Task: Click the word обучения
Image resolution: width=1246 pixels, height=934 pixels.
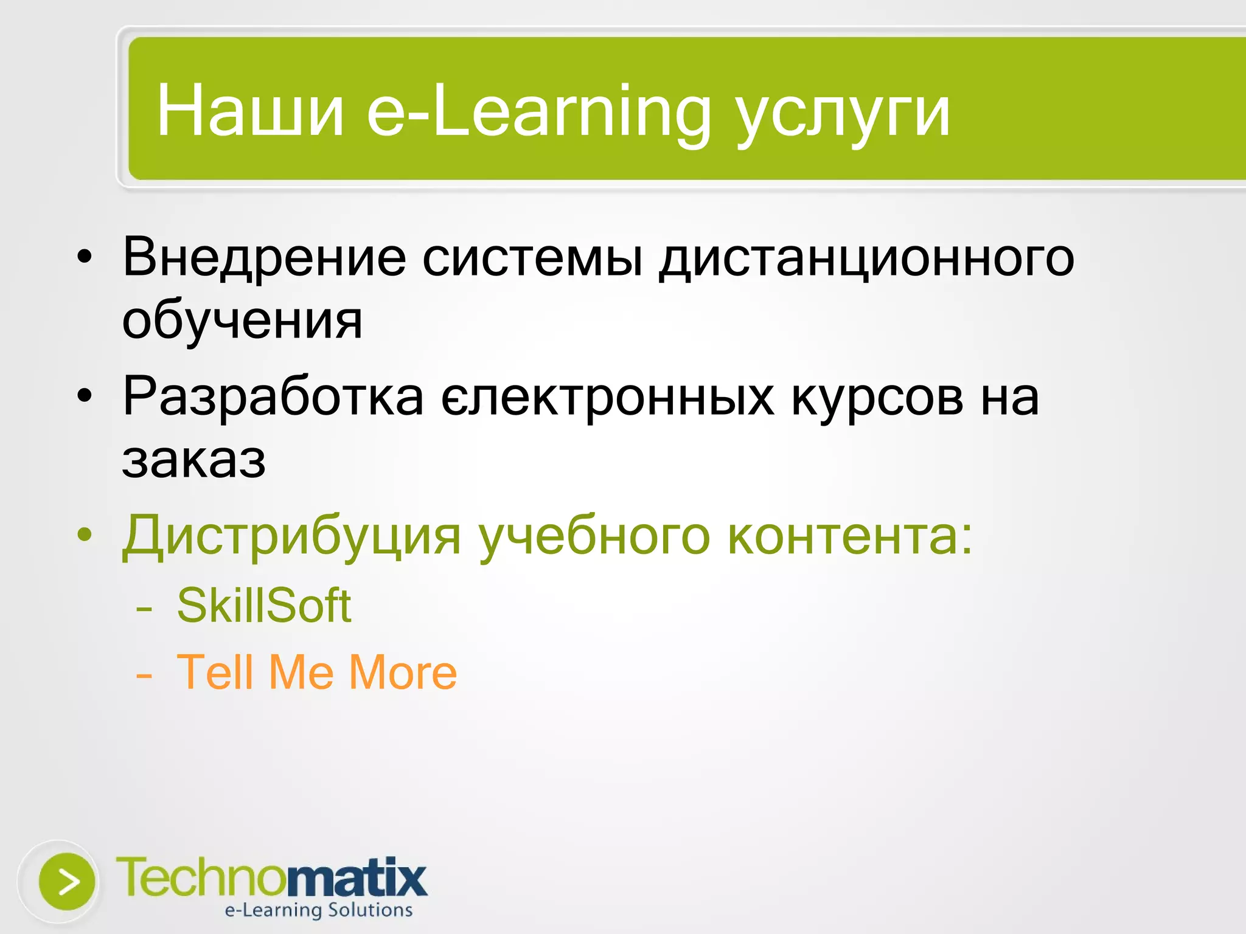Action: pyautogui.click(x=242, y=321)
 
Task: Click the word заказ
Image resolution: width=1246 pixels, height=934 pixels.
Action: pyautogui.click(x=193, y=460)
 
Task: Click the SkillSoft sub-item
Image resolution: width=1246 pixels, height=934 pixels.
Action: pyautogui.click(x=263, y=606)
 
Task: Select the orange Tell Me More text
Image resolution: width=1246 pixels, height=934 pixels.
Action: pyautogui.click(x=316, y=673)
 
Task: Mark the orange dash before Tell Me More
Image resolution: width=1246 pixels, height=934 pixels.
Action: pyautogui.click(x=144, y=675)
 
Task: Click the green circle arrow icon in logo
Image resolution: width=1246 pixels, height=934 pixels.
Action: pyautogui.click(x=67, y=881)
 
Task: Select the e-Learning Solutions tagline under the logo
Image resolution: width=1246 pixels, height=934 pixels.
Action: pyautogui.click(x=319, y=910)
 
